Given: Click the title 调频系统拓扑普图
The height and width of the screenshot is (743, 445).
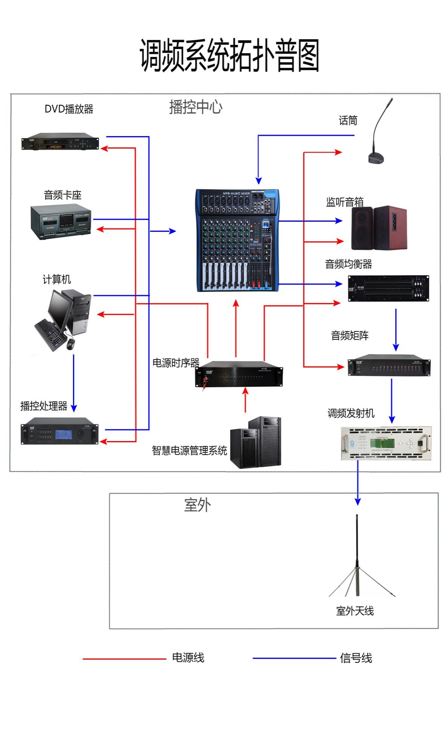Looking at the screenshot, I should tap(229, 56).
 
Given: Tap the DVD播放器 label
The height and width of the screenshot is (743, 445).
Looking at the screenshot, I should tap(69, 109).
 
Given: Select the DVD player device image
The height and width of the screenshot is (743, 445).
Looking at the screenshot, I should tap(60, 142).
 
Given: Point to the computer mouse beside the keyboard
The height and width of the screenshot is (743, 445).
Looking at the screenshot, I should tap(70, 344).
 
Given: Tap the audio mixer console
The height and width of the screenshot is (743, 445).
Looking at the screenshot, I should tap(238, 240).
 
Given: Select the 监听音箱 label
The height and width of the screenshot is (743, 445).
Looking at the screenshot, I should tap(344, 202).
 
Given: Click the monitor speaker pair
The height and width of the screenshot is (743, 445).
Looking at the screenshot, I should tap(379, 228).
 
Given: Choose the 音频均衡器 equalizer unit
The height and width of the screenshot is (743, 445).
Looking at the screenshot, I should tap(388, 288).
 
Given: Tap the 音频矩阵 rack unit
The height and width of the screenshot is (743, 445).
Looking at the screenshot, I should tap(389, 365).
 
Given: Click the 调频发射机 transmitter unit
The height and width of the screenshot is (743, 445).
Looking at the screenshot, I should tap(386, 443).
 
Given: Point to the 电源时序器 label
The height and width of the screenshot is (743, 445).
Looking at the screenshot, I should tap(175, 363).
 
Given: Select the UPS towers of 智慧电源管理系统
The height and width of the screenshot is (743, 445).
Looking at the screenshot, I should tap(256, 443).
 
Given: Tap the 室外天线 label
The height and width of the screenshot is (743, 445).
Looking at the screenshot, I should tap(355, 611).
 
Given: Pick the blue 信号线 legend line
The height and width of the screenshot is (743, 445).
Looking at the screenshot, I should tap(294, 659).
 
